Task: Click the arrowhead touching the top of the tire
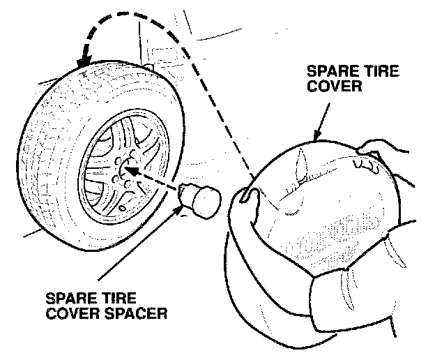[x=84, y=66]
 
